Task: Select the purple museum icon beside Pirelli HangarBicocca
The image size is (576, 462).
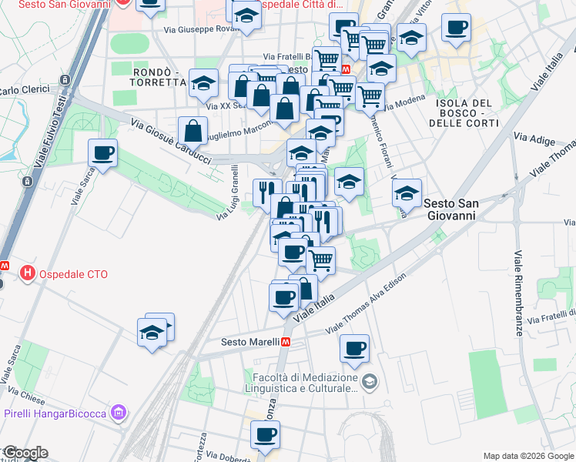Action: [x=118, y=413]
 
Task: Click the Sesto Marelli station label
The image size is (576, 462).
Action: [x=249, y=341]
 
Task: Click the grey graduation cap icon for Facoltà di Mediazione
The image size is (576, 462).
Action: [x=370, y=381]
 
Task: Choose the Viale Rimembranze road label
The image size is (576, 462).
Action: [x=519, y=284]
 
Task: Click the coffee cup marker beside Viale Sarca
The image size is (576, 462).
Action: [x=102, y=152]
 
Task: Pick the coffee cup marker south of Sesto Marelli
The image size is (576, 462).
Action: [x=354, y=348]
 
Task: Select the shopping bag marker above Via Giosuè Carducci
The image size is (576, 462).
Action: [x=192, y=130]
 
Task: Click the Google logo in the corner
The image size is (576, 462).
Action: [x=25, y=453]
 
